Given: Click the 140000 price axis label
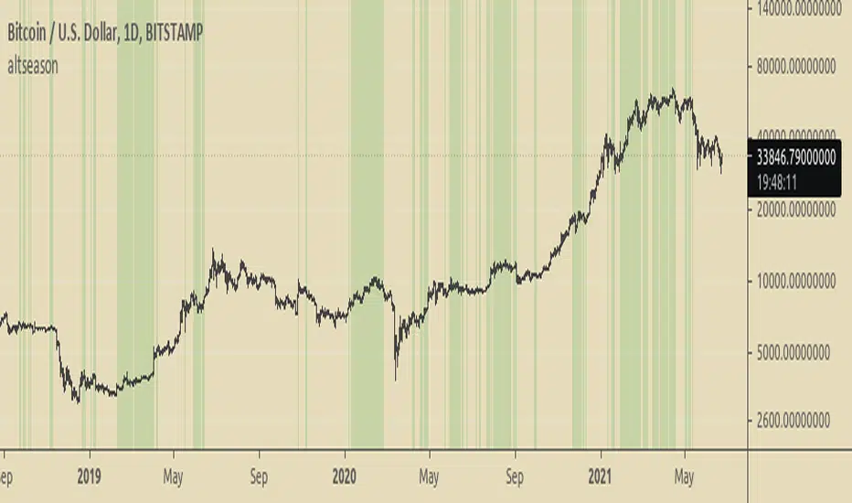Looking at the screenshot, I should click(x=798, y=9).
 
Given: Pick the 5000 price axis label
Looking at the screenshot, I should click(x=798, y=351).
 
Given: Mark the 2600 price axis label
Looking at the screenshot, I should click(x=798, y=422).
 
